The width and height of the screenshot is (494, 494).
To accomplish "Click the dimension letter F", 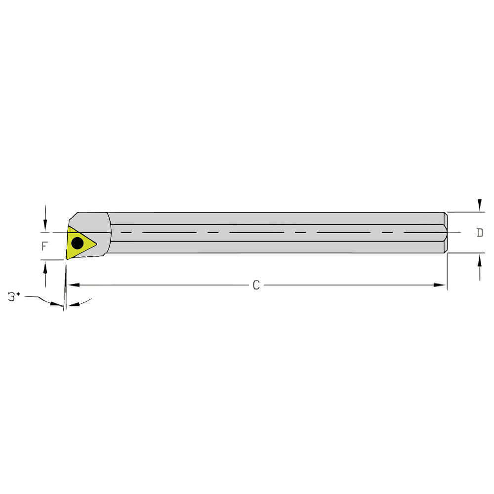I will point(44,246).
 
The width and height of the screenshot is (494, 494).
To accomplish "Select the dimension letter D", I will point(480,233).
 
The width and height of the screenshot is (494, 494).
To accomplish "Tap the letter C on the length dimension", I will point(256,285).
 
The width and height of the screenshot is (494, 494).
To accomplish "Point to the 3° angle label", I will point(14,297).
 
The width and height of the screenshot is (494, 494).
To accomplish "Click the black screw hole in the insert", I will point(78,243).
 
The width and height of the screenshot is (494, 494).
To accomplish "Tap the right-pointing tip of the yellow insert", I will point(95,244).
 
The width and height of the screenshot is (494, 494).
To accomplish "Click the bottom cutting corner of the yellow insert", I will point(68,258).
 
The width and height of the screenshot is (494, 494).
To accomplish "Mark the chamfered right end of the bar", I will point(446,233).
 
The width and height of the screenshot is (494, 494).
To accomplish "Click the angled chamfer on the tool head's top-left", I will point(72,218).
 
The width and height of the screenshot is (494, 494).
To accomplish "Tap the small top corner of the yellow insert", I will point(68,227).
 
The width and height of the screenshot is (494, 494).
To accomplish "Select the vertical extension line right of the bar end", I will point(447,272).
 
